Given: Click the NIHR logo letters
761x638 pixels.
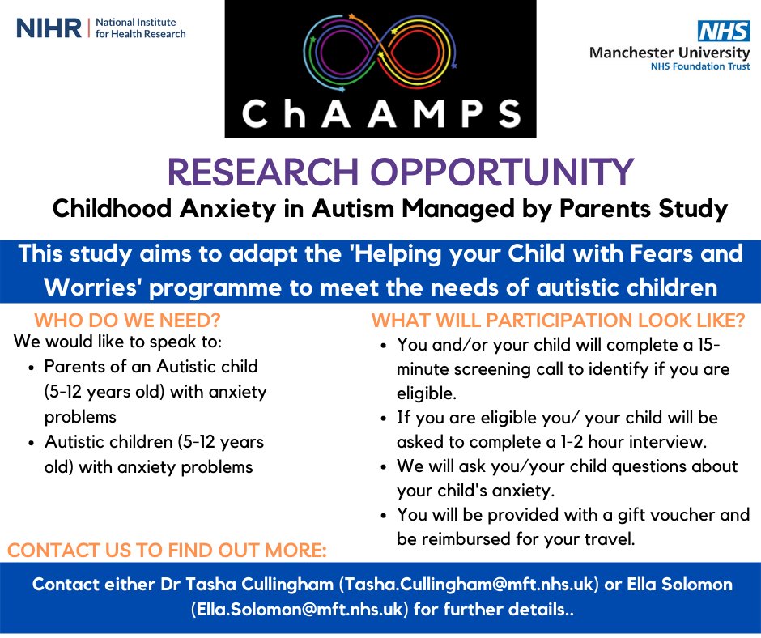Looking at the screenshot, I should point(49,28).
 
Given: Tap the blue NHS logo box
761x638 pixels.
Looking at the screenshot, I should point(719,32).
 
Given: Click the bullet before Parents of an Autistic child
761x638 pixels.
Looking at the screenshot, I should point(30,367).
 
